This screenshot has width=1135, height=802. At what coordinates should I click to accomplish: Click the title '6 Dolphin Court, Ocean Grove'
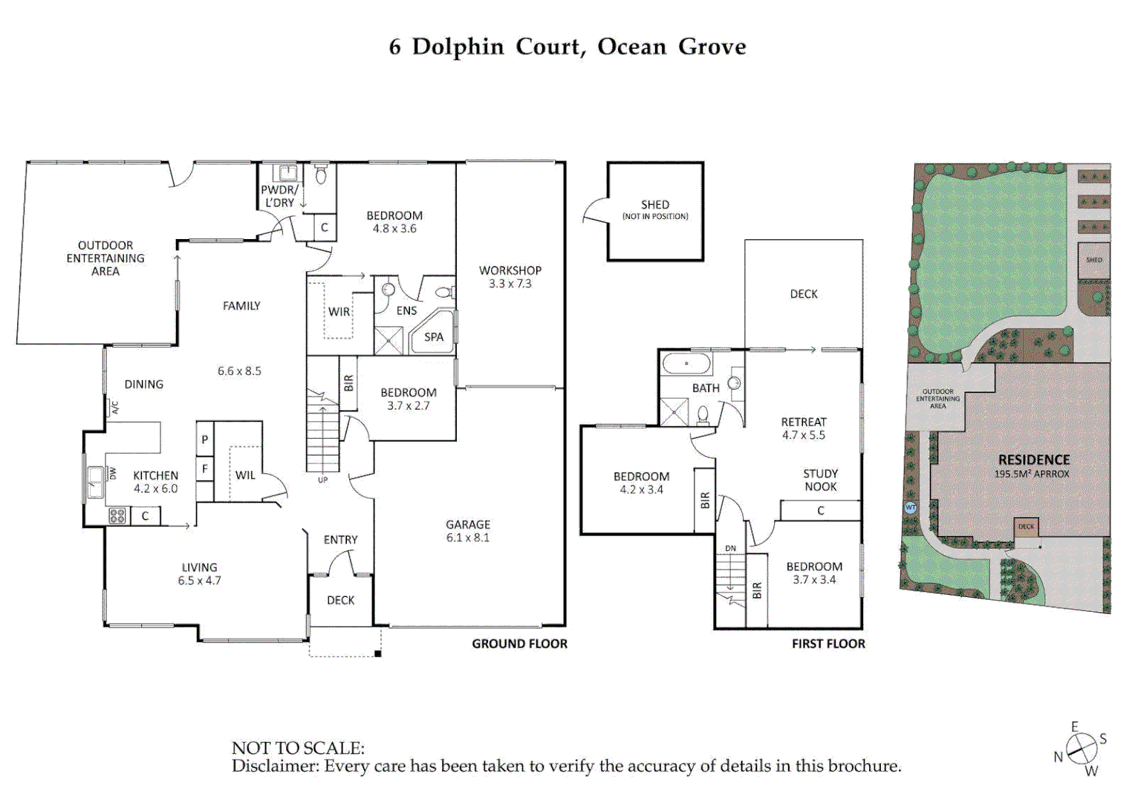click(x=567, y=47)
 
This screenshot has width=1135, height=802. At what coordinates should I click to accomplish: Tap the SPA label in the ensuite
click(x=434, y=337)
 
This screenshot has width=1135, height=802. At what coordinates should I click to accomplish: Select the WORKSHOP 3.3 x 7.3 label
click(x=510, y=277)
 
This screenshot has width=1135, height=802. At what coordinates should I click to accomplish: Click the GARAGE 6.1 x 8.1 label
click(x=468, y=531)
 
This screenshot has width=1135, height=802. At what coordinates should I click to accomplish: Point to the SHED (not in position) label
click(x=655, y=209)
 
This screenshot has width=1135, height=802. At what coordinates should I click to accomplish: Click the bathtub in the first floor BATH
click(x=686, y=364)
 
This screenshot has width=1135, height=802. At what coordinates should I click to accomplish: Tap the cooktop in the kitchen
click(x=117, y=516)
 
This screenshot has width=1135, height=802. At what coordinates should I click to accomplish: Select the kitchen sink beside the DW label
click(x=95, y=482)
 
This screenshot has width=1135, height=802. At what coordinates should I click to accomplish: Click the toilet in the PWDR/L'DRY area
click(x=321, y=175)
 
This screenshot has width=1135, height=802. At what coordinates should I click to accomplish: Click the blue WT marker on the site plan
click(x=911, y=507)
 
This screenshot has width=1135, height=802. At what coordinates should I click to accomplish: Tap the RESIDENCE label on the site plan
click(x=1034, y=460)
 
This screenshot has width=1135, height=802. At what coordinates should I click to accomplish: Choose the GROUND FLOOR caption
click(x=519, y=644)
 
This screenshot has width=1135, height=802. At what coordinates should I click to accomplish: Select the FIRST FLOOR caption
click(x=828, y=644)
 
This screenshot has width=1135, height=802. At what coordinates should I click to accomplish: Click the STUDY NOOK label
click(x=820, y=480)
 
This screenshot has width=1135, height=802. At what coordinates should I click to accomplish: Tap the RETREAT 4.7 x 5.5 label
click(x=804, y=428)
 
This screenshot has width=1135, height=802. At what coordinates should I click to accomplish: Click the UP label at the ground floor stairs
click(x=323, y=480)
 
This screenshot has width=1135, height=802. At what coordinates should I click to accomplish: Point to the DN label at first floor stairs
click(x=731, y=549)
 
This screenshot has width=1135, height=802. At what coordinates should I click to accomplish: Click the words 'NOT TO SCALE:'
click(x=298, y=748)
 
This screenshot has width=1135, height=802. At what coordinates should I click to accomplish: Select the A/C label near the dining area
click(x=114, y=408)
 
